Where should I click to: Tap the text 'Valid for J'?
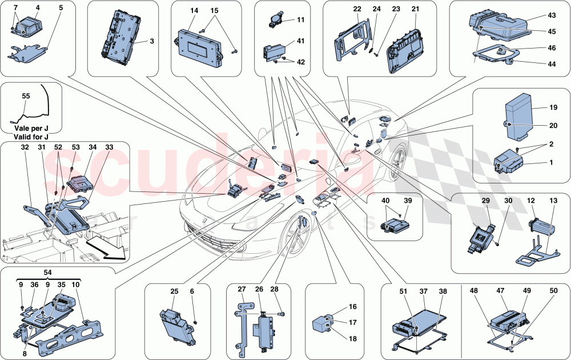29,137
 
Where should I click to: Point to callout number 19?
553,107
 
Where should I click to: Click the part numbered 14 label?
195,11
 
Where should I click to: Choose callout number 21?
415,10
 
